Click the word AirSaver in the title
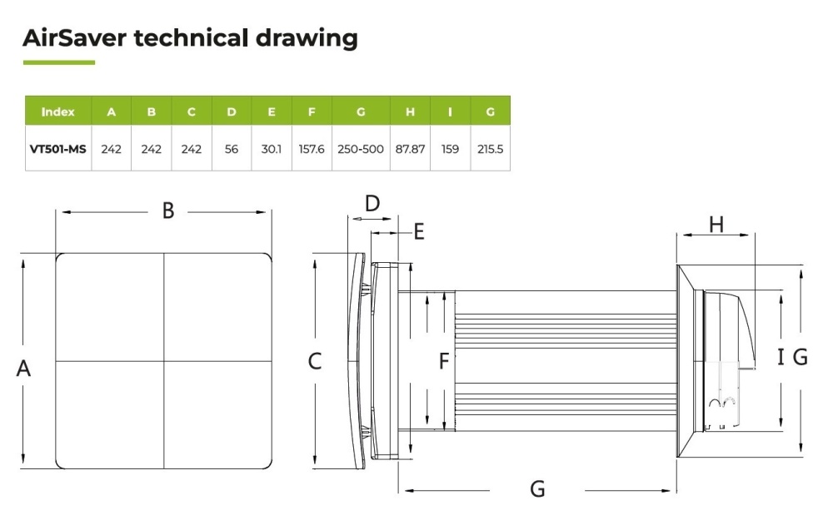pyautogui.click(x=75, y=38)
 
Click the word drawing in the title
pyautogui.click(x=307, y=39)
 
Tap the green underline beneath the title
pyautogui.click(x=59, y=62)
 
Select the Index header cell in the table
pyautogui.click(x=58, y=111)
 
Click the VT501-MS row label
pyautogui.click(x=58, y=149)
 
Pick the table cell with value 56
pyautogui.click(x=231, y=149)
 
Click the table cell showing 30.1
pyautogui.click(x=271, y=149)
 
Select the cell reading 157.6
pyautogui.click(x=312, y=149)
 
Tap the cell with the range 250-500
pyautogui.click(x=360, y=149)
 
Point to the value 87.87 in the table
pyautogui.click(x=410, y=149)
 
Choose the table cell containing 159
pyautogui.click(x=450, y=149)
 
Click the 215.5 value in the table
pyautogui.click(x=490, y=149)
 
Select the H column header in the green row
pyautogui.click(x=410, y=111)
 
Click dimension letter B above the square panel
pyautogui.click(x=168, y=210)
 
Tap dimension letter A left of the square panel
pyautogui.click(x=23, y=368)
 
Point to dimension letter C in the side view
pyautogui.click(x=315, y=361)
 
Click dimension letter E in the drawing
pyautogui.click(x=419, y=232)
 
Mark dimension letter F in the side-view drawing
pyautogui.click(x=444, y=361)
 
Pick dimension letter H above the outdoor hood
pyautogui.click(x=716, y=225)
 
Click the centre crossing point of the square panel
pyautogui.click(x=163, y=361)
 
